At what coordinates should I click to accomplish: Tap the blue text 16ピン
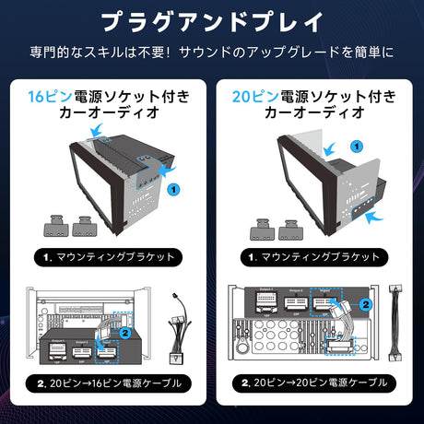point(45,96)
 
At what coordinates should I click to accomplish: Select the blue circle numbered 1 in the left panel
point(173,187)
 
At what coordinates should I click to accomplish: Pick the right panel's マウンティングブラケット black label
point(318,257)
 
